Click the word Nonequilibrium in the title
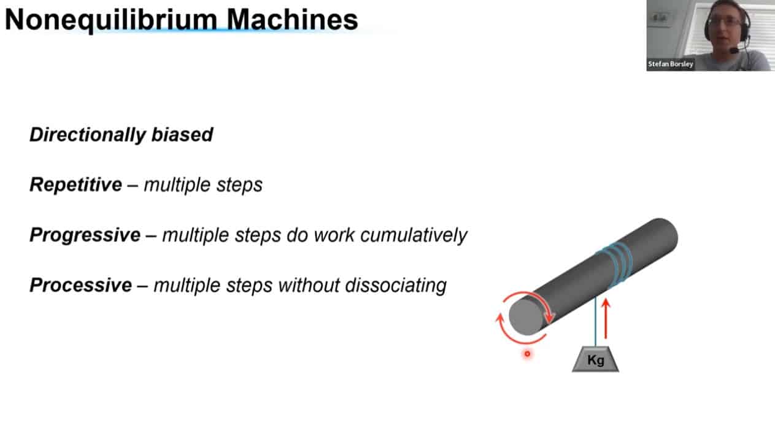pyautogui.click(x=112, y=20)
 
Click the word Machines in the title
pyautogui.click(x=292, y=20)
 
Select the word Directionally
pyautogui.click(x=88, y=135)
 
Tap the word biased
pyautogui.click(x=182, y=135)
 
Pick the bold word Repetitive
pyautogui.click(x=76, y=184)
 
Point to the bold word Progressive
pyautogui.click(x=85, y=235)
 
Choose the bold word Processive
pyautogui.click(x=81, y=285)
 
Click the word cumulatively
pyautogui.click(x=414, y=235)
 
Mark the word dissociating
pyautogui.click(x=396, y=285)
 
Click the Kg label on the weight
pyautogui.click(x=596, y=360)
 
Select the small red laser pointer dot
pyautogui.click(x=527, y=354)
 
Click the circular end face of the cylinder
pyautogui.click(x=526, y=317)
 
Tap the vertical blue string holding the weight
pyautogui.click(x=595, y=321)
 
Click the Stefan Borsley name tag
pyautogui.click(x=671, y=64)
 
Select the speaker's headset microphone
pyautogui.click(x=734, y=51)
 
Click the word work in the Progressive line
pyautogui.click(x=334, y=235)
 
